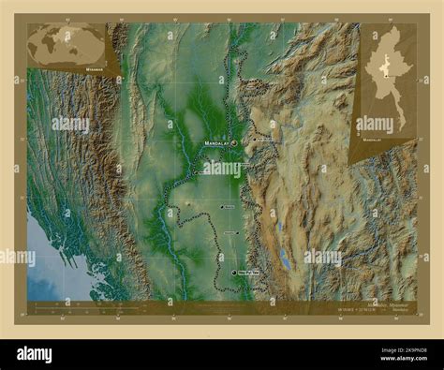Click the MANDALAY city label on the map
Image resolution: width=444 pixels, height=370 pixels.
point(216,143)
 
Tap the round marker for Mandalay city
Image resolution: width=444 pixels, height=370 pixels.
point(233,143)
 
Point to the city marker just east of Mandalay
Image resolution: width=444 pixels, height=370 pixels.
point(252,141)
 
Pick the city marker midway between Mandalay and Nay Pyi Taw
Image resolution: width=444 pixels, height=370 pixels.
point(221,206)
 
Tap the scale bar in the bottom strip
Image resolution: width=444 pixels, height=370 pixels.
point(66,303)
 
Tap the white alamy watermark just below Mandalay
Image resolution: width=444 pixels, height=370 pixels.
point(223,167)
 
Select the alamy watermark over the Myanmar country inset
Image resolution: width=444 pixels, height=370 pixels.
point(375,123)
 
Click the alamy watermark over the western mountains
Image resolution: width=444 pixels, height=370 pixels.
point(70,123)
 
